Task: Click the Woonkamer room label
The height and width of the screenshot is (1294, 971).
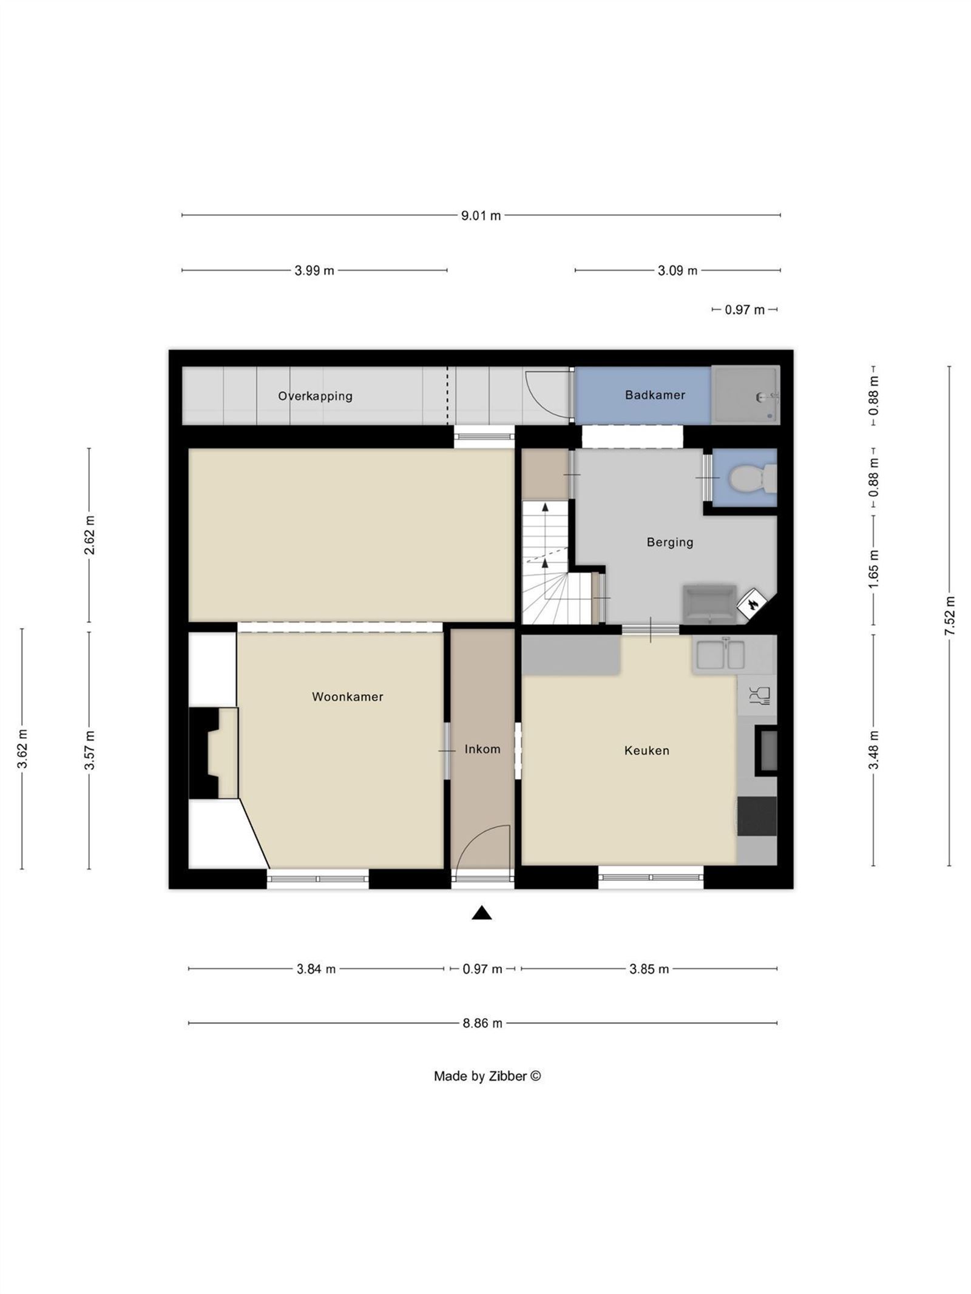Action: point(347,696)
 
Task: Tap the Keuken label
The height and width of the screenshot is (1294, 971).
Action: point(647,750)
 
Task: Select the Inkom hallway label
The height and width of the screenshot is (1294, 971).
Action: point(482,749)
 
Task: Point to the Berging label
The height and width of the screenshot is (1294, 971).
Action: point(669,542)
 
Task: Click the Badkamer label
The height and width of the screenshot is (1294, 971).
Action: point(655,395)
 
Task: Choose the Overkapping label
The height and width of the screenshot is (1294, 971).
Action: point(315,396)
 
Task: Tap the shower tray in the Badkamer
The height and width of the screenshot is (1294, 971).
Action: point(745,395)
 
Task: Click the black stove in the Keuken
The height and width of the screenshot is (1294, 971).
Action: point(757,817)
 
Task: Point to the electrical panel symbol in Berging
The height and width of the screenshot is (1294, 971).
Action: point(753,604)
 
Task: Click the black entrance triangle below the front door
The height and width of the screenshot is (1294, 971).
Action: point(482,913)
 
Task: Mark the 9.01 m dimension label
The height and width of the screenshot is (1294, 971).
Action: point(481,215)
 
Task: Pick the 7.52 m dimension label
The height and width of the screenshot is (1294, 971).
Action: point(950,616)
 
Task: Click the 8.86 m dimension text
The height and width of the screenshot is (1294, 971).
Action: point(482,1023)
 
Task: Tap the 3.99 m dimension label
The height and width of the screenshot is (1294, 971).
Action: point(314,271)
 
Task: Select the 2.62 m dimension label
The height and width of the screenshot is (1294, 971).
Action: point(89,534)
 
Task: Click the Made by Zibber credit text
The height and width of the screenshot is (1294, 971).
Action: point(487,1076)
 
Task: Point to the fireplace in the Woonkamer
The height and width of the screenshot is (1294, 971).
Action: point(214,753)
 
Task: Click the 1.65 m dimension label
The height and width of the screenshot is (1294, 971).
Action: point(874,569)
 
